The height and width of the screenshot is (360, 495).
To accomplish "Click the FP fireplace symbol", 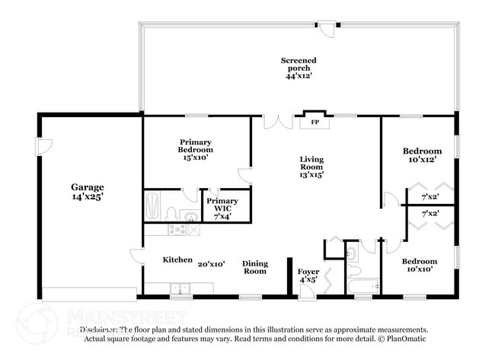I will pyautogui.click(x=314, y=121).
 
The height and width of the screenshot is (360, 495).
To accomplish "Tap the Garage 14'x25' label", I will pyautogui.click(x=88, y=192).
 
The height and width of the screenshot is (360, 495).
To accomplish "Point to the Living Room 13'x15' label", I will pyautogui.click(x=311, y=167).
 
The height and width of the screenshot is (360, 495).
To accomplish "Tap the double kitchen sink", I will pyautogui.click(x=181, y=288).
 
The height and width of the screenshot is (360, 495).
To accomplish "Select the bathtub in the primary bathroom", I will pyautogui.click(x=152, y=205).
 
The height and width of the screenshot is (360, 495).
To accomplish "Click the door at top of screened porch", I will pyautogui.click(x=327, y=29).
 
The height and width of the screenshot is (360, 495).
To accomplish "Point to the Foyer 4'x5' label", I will pyautogui.click(x=308, y=275).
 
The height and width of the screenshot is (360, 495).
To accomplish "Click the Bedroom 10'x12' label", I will pyautogui.click(x=422, y=155).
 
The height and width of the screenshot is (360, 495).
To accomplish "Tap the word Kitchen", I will pyautogui.click(x=177, y=260).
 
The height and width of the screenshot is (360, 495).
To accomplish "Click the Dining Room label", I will pyautogui.click(x=255, y=267).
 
